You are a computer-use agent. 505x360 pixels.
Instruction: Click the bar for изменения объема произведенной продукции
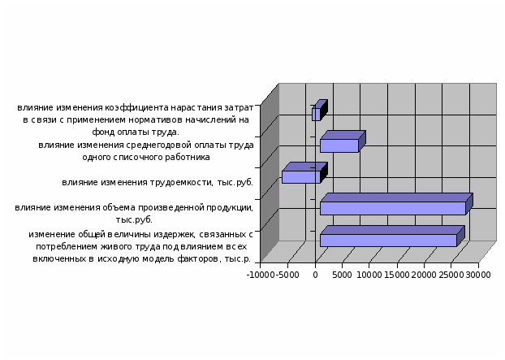(x=396, y=204)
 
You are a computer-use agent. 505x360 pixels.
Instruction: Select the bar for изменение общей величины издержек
(x=392, y=236)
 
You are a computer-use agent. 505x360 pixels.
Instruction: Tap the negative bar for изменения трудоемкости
(x=304, y=173)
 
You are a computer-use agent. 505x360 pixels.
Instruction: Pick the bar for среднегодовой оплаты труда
(x=343, y=142)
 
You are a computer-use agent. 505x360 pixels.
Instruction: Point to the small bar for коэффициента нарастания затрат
(x=320, y=111)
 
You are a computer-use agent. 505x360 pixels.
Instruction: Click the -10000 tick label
(x=261, y=275)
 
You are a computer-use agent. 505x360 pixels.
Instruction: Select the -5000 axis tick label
(x=287, y=275)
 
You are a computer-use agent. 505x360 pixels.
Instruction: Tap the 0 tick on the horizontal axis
(x=315, y=275)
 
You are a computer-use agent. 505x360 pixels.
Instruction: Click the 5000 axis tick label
(x=342, y=275)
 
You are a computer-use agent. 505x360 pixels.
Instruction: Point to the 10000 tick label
(x=369, y=275)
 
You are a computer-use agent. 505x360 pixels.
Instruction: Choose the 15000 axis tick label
(x=397, y=275)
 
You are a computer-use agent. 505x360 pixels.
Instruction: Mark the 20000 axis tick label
(x=424, y=275)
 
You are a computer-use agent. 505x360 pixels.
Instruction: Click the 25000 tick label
(x=451, y=275)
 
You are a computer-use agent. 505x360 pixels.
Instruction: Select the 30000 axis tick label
(x=478, y=275)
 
